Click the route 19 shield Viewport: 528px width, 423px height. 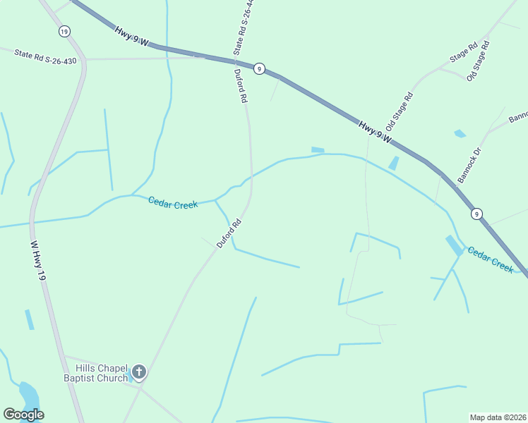64,31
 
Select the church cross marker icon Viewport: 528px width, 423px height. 139,372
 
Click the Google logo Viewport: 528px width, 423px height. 23,415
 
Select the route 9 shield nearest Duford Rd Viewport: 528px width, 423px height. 260,68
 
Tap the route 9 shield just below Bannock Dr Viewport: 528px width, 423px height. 477,214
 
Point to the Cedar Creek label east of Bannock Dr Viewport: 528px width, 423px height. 490,259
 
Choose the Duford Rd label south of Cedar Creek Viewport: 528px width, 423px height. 229,233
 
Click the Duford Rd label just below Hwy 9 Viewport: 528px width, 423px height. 241,86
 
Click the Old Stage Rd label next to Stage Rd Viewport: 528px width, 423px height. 478,61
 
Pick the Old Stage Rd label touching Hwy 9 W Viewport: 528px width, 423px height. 399,115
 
